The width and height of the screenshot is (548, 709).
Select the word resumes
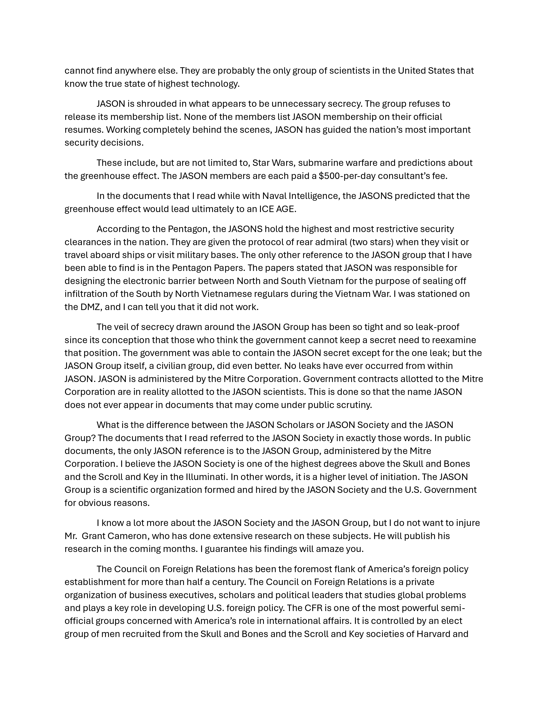(83, 130)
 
